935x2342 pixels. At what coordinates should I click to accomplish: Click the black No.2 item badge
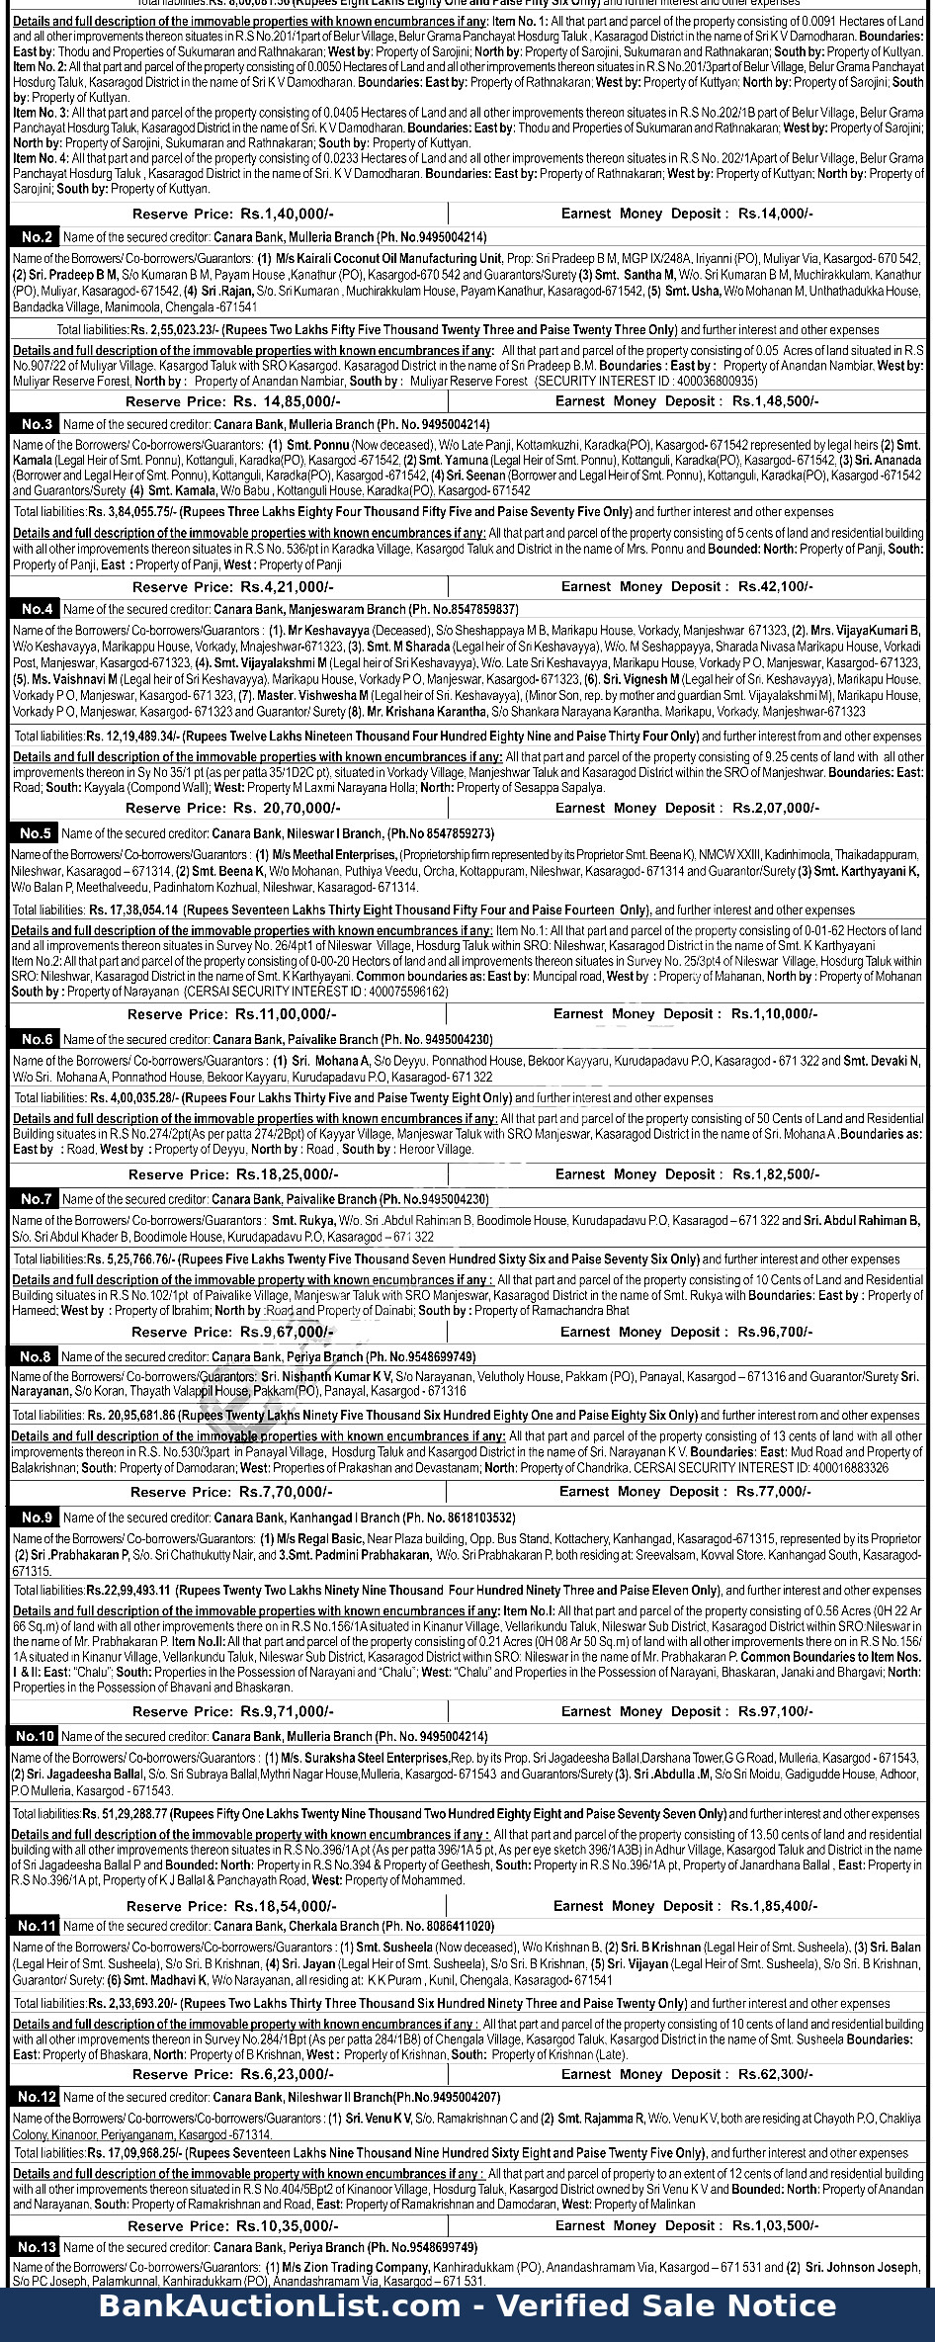point(36,237)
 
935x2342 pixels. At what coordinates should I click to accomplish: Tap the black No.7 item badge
point(35,1199)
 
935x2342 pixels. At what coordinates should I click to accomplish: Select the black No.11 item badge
point(36,1926)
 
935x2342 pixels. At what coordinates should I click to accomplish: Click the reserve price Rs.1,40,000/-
point(287,214)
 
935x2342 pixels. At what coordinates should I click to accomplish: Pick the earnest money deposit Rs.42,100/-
point(776,586)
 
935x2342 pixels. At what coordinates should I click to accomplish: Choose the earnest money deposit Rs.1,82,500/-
point(776,1174)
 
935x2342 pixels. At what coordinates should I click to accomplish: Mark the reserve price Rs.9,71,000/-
point(287,1711)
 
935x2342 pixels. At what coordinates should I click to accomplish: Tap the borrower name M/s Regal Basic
point(321,1539)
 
